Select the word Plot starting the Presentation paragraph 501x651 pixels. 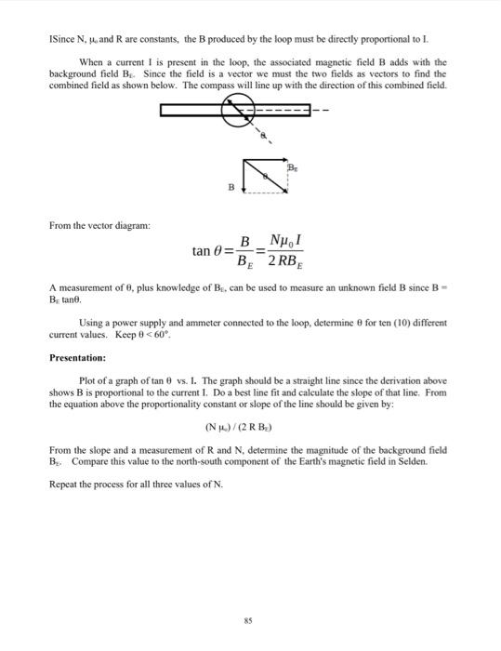tap(90, 381)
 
